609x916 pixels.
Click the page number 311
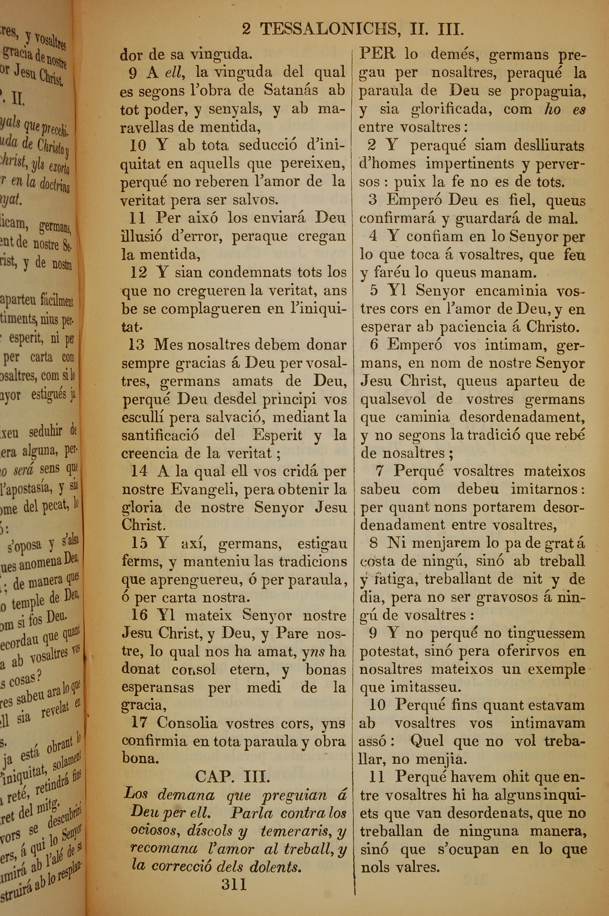point(234,874)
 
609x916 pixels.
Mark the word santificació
point(160,435)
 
